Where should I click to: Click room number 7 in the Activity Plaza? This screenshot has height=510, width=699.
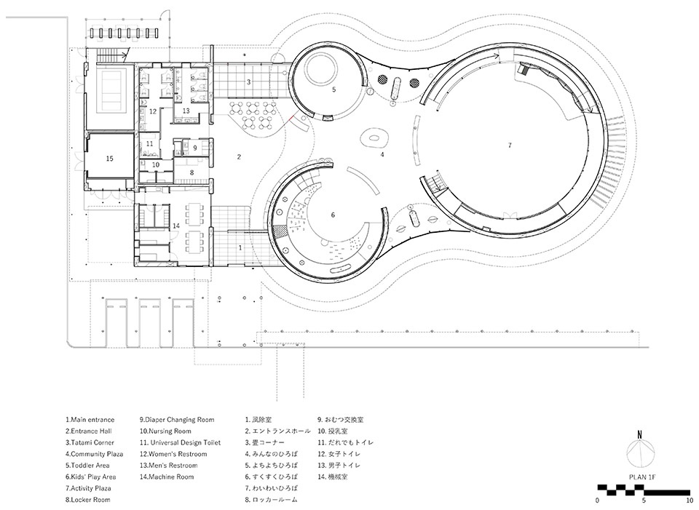(x=510, y=146)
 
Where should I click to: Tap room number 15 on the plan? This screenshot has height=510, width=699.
(x=110, y=159)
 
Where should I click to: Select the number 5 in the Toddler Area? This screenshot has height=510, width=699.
(x=334, y=89)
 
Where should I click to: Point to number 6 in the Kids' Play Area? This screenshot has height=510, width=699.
(x=333, y=215)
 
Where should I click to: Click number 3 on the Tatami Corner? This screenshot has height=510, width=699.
(x=249, y=82)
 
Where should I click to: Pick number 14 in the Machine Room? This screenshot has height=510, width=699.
(x=176, y=226)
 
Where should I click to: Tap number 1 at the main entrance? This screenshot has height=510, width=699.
(x=241, y=247)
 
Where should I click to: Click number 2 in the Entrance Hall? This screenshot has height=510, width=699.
(x=239, y=157)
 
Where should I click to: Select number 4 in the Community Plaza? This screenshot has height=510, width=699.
(x=382, y=154)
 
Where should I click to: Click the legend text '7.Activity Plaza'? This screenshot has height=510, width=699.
(x=88, y=488)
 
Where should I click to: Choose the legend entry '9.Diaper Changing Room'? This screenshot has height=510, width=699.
(x=177, y=420)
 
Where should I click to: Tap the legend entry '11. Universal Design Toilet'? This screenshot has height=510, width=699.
(x=180, y=443)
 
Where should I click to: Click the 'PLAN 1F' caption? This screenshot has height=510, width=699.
(x=642, y=477)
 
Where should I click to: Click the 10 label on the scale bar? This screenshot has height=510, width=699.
(x=690, y=501)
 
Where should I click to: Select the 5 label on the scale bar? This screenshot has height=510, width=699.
(x=644, y=501)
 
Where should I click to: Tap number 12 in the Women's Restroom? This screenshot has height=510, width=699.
(x=153, y=111)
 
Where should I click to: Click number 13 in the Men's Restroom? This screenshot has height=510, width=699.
(x=186, y=111)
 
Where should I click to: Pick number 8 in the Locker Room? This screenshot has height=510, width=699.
(x=191, y=172)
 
